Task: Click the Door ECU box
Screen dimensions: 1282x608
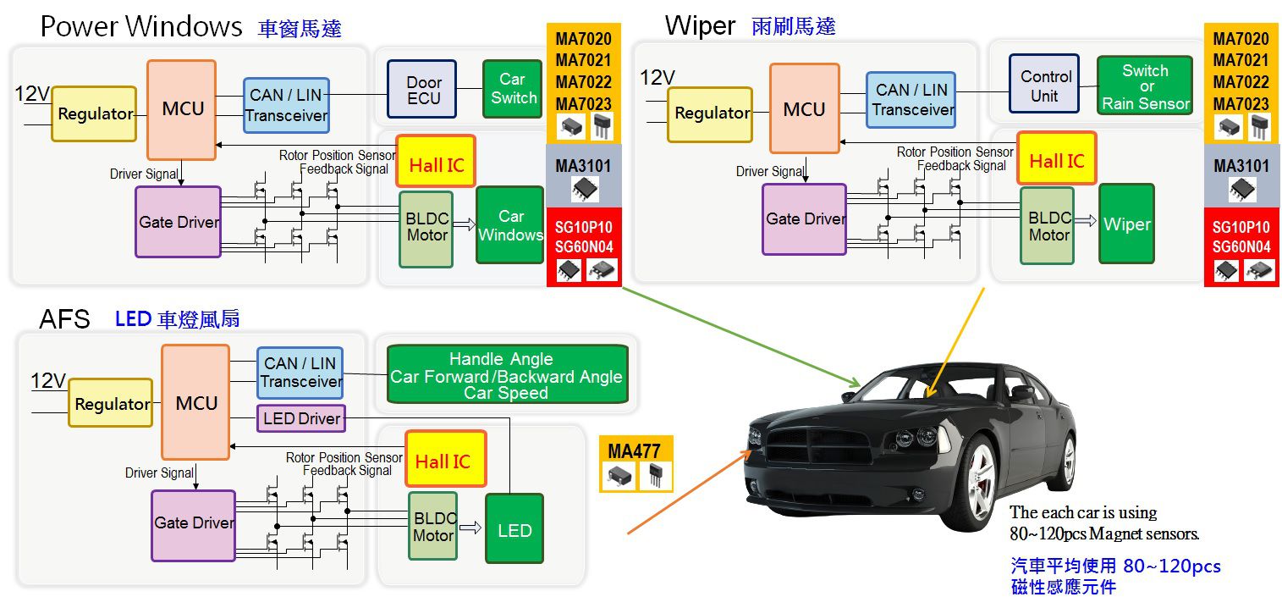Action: (421, 89)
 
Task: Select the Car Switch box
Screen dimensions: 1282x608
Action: (512, 89)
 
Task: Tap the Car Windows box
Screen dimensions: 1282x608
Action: (510, 225)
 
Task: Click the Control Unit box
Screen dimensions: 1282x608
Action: (1044, 84)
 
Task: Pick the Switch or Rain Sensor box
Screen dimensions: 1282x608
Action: (1145, 86)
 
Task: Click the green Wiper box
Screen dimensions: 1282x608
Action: (1127, 224)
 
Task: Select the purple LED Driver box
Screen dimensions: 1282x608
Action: (301, 418)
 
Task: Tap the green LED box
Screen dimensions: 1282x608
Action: (514, 529)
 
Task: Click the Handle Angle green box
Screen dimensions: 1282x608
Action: (508, 374)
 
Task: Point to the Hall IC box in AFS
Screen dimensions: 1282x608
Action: (446, 459)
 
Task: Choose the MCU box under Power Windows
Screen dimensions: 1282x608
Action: (181, 109)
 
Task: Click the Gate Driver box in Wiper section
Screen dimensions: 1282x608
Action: (804, 219)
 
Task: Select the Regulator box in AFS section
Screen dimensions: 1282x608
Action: (111, 403)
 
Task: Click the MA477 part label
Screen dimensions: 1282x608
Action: (634, 451)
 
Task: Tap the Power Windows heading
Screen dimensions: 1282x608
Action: (141, 26)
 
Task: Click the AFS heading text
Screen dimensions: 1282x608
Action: (64, 319)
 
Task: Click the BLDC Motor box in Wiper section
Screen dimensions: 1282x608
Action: (1047, 225)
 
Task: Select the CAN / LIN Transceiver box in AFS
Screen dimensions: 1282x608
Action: (300, 373)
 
